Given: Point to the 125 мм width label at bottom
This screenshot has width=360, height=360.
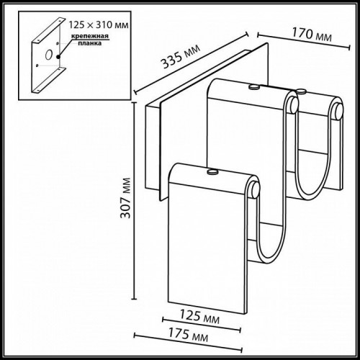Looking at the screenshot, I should pyautogui.click(x=200, y=315).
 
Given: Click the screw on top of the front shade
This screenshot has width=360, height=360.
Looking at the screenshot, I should pyautogui.click(x=212, y=172).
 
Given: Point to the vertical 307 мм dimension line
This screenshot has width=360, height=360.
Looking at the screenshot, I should pyautogui.click(x=137, y=202).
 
